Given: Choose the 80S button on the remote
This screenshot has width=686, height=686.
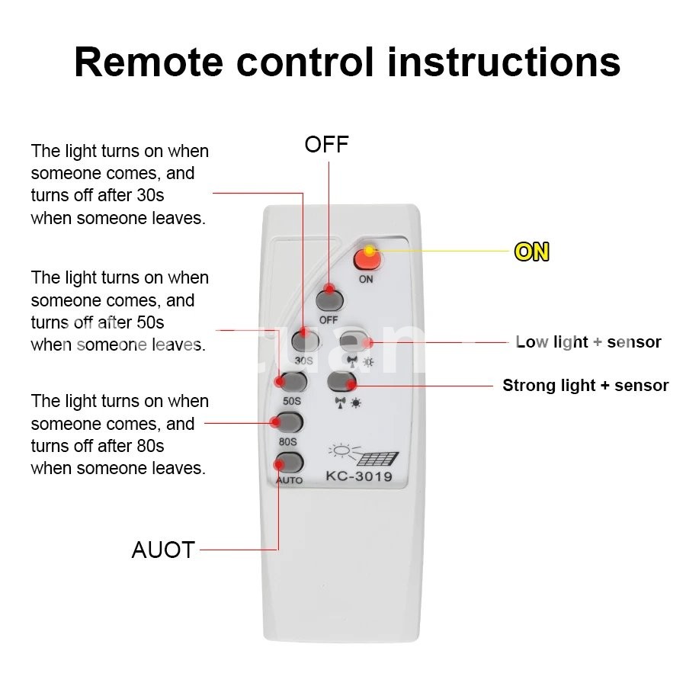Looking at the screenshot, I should coord(289,422).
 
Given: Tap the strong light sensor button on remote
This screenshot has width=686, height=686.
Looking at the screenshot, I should coord(341,380).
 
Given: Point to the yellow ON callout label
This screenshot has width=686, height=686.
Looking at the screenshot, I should coord(531,252).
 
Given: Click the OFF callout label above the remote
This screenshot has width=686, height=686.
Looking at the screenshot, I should coord(326,145).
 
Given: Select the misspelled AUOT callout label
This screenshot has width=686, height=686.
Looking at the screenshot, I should coord(163,550).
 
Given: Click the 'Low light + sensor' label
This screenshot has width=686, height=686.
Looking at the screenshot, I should coord(588,342).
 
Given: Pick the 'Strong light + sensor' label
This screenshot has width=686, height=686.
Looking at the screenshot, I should coord(585,386).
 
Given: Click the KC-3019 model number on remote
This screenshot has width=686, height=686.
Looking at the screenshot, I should coord(358,478).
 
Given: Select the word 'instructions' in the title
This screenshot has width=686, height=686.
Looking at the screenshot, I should coord(504,63).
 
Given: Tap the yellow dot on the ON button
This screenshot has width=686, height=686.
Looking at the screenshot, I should coord(369,250).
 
